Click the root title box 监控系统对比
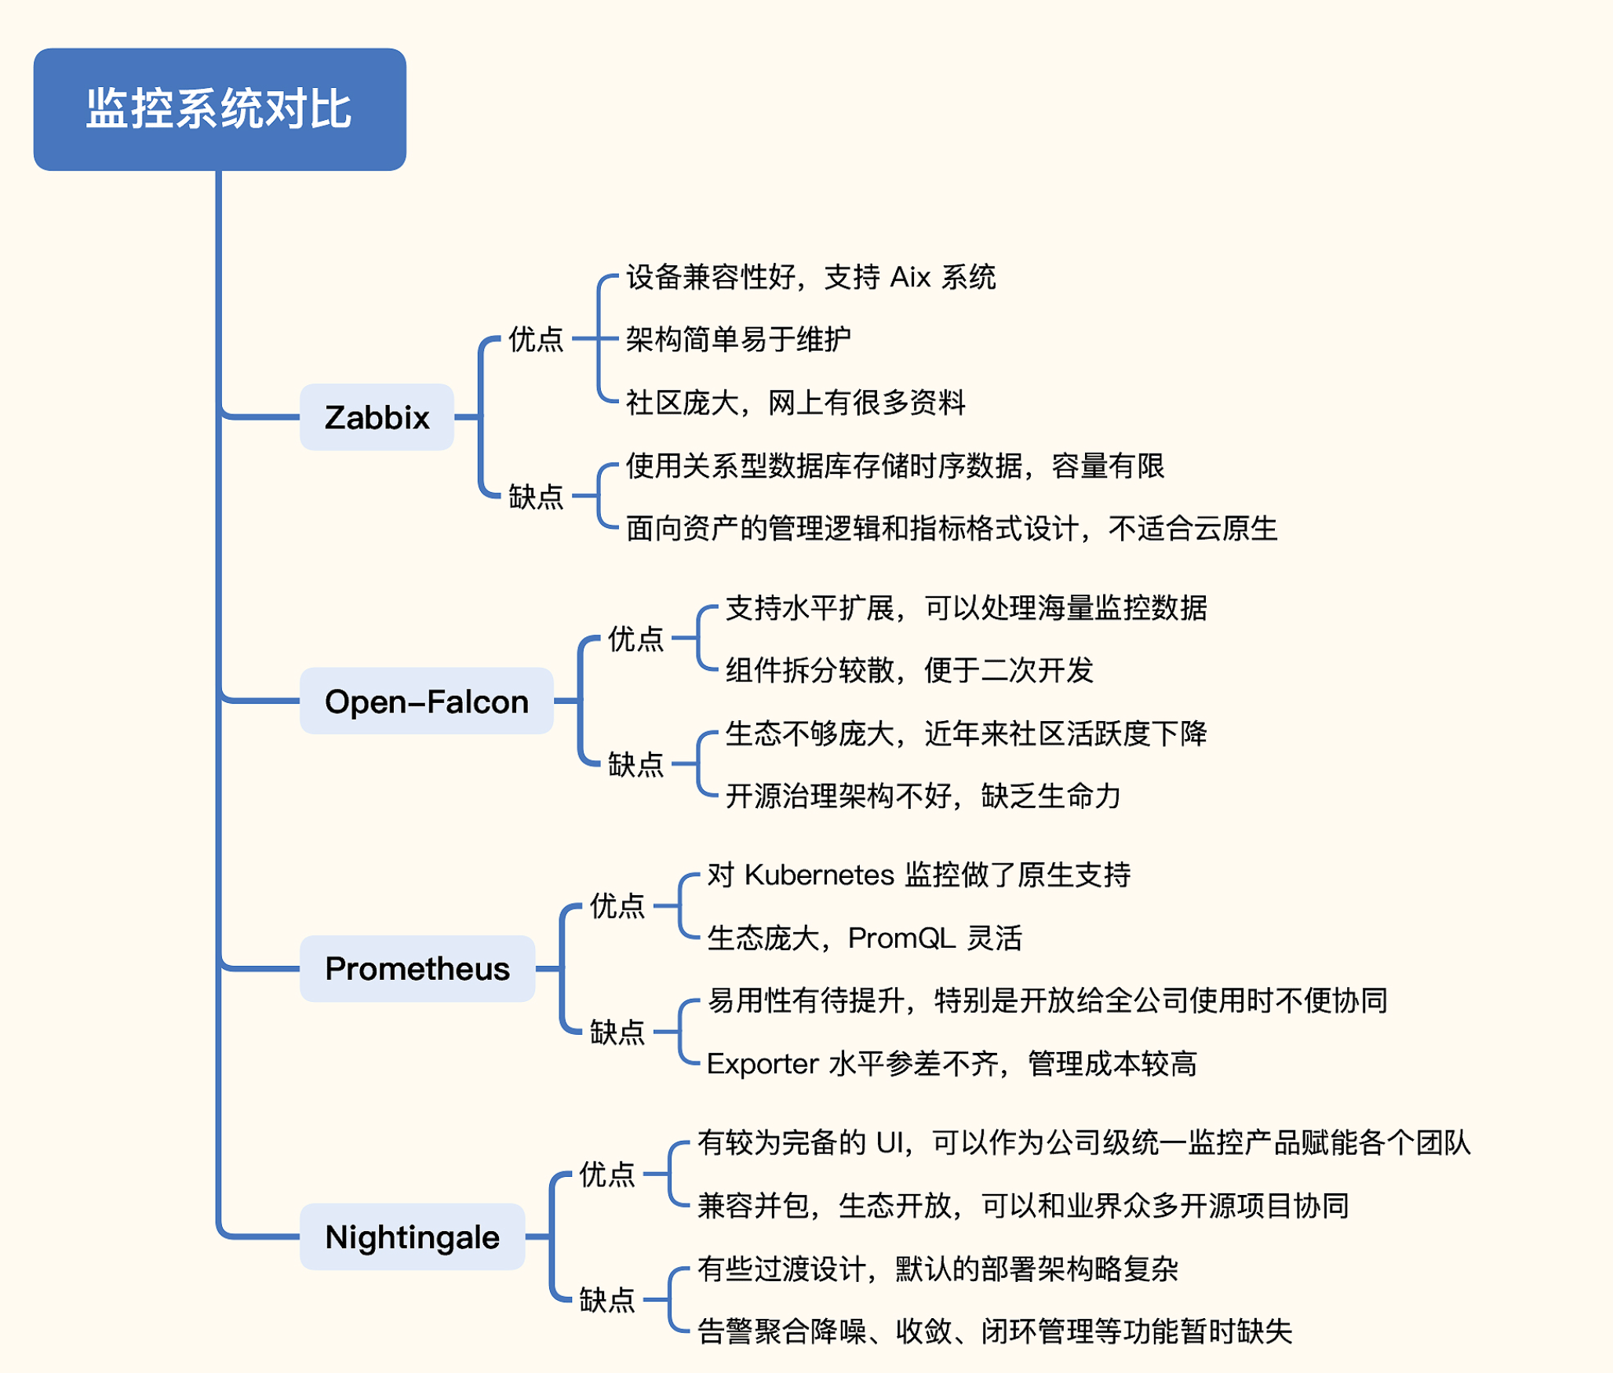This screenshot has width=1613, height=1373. (x=220, y=109)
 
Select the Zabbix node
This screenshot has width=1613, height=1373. (x=377, y=417)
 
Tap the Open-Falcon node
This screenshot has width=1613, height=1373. (x=426, y=701)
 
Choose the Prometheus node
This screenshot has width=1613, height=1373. (x=417, y=969)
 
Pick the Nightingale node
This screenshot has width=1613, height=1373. (x=412, y=1237)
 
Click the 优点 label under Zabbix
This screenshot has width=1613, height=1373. (x=536, y=339)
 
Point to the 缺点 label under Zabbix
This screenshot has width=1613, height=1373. (x=536, y=497)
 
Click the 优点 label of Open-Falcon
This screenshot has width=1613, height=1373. (x=635, y=639)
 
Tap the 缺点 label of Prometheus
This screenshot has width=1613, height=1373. (x=617, y=1032)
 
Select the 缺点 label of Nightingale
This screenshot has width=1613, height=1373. (x=606, y=1301)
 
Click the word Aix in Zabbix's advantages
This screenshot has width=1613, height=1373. (x=910, y=277)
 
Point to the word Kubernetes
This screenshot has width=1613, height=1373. (x=819, y=875)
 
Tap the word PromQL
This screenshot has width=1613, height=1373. (x=901, y=938)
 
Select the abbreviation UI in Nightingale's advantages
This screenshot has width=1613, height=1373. (x=890, y=1143)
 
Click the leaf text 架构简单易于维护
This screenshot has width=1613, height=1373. (x=738, y=340)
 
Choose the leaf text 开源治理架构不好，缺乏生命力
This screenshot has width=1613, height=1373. (x=923, y=796)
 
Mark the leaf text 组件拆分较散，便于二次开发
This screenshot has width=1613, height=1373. (x=909, y=671)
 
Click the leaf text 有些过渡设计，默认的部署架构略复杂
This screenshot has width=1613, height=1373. (x=938, y=1269)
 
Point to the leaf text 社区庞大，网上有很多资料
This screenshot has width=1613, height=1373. (x=796, y=403)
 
